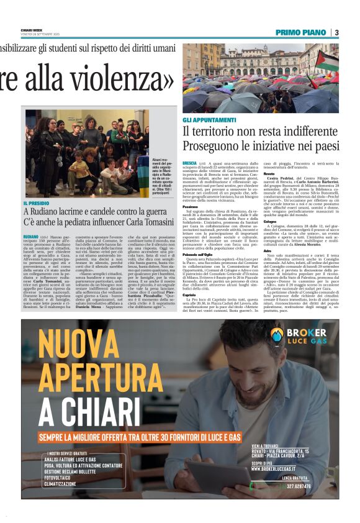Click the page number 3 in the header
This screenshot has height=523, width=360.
pos(336,32)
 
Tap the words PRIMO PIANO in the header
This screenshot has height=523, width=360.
pos(301,32)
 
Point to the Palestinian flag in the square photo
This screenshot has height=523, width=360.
pos(327,60)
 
